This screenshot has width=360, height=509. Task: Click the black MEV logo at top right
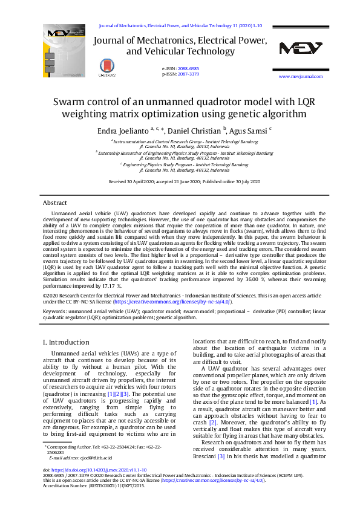(301, 49)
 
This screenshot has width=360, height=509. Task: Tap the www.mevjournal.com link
(300, 77)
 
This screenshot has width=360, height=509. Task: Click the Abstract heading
(55, 203)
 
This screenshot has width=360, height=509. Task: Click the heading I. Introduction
(66, 342)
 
